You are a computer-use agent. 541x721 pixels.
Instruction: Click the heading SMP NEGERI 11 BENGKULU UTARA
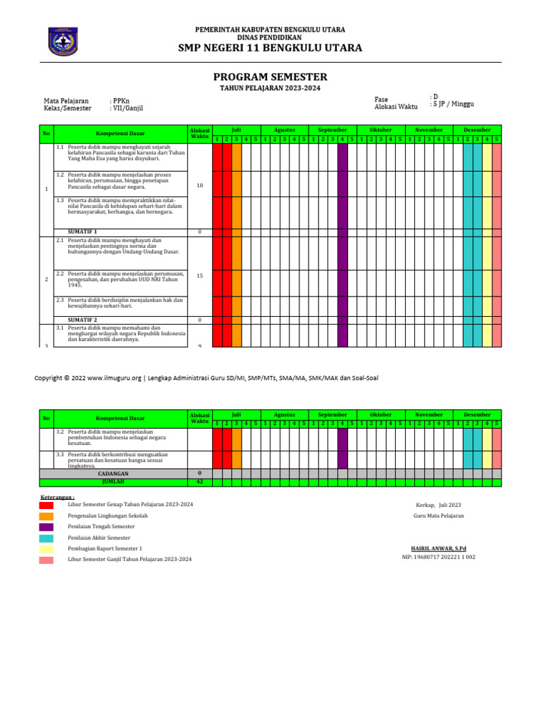(270, 48)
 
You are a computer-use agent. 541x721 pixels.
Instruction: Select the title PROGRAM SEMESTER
(270, 77)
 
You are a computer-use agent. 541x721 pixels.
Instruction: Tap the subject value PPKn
(120, 101)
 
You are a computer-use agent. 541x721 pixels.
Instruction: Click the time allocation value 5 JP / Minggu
(452, 104)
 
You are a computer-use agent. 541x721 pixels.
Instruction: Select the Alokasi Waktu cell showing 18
(199, 185)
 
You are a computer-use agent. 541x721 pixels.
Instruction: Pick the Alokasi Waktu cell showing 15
(199, 276)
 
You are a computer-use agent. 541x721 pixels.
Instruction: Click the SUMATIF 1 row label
(82, 231)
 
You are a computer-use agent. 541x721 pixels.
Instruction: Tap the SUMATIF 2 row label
(82, 320)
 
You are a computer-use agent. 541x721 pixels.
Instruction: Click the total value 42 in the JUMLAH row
(199, 482)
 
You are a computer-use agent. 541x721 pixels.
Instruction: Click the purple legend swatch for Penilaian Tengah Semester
(46, 527)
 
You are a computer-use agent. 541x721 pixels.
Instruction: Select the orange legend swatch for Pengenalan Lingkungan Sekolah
(46, 516)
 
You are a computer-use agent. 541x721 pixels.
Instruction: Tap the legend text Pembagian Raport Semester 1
(105, 548)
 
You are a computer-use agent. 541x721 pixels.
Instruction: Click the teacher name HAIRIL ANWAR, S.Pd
(438, 548)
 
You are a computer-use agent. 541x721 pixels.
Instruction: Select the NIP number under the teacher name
(438, 557)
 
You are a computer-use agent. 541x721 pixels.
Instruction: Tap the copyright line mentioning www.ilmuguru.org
(206, 378)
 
